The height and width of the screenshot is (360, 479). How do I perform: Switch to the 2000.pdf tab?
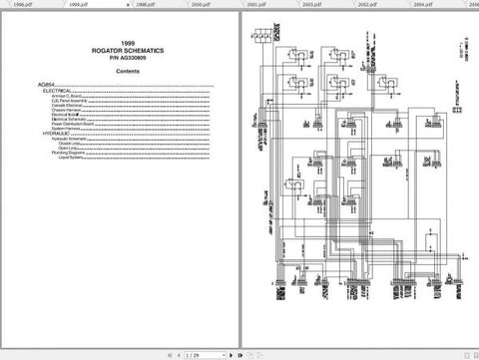click(x=201, y=4)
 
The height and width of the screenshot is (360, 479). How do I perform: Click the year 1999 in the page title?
click(x=127, y=43)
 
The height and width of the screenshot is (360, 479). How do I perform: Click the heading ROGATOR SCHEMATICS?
click(x=127, y=50)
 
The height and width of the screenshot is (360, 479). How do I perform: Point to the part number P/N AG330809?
click(x=127, y=57)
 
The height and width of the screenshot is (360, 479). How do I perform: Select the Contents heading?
click(x=127, y=72)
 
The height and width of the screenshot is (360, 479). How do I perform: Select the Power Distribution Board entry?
click(x=73, y=123)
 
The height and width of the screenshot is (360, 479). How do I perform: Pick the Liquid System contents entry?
click(x=69, y=157)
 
